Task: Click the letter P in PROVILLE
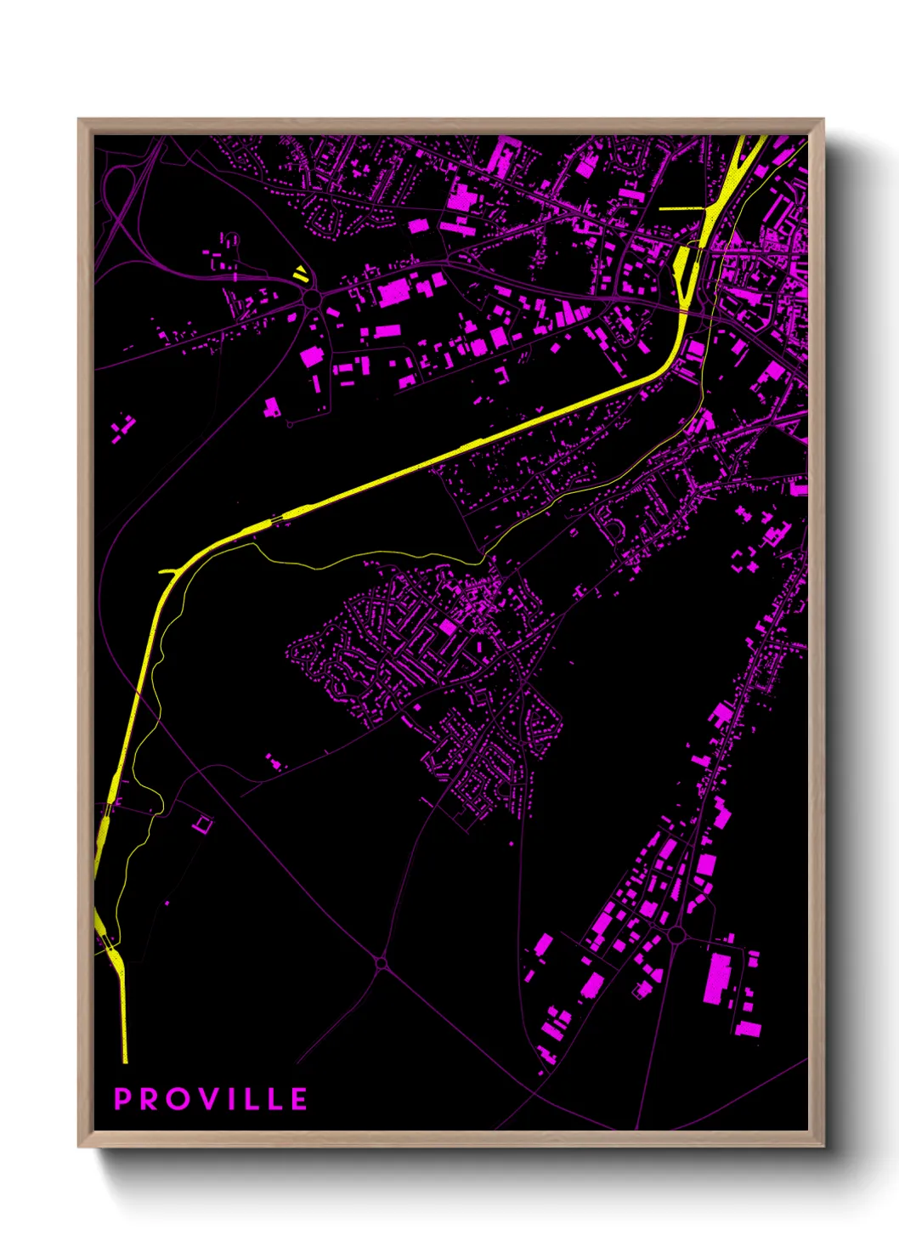[x=123, y=1099]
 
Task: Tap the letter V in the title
[x=207, y=1099]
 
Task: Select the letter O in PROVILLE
[x=179, y=1099]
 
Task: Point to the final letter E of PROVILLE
[x=298, y=1099]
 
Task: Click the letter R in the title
[x=150, y=1099]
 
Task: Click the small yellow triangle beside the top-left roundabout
[x=300, y=274]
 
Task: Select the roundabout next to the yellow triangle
[x=312, y=298]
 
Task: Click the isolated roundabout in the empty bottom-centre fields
[x=381, y=963]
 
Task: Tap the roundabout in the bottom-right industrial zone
[x=676, y=935]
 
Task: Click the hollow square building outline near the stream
[x=202, y=823]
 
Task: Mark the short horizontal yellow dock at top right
[x=681, y=208]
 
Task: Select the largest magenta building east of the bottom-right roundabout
[x=719, y=977]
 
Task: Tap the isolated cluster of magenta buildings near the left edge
[x=123, y=428]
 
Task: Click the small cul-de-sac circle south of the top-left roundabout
[x=289, y=422]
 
